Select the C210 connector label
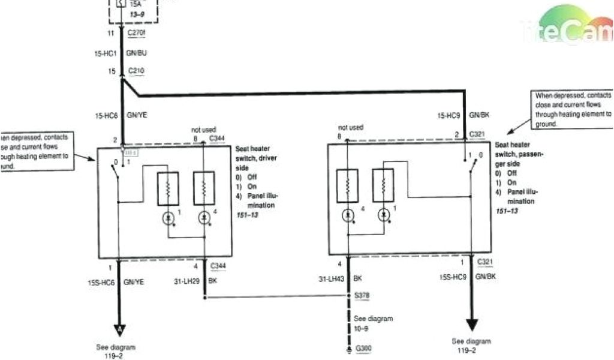pyautogui.click(x=136, y=71)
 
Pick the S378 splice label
pyautogui.click(x=362, y=295)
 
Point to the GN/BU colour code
pyautogui.click(x=137, y=53)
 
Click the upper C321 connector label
pyautogui.click(x=478, y=134)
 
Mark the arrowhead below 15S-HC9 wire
pyautogui.click(x=472, y=325)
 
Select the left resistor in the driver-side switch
pyautogui.click(x=168, y=188)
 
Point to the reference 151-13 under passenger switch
pyautogui.click(x=507, y=211)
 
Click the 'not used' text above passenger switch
pyautogui.click(x=351, y=127)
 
